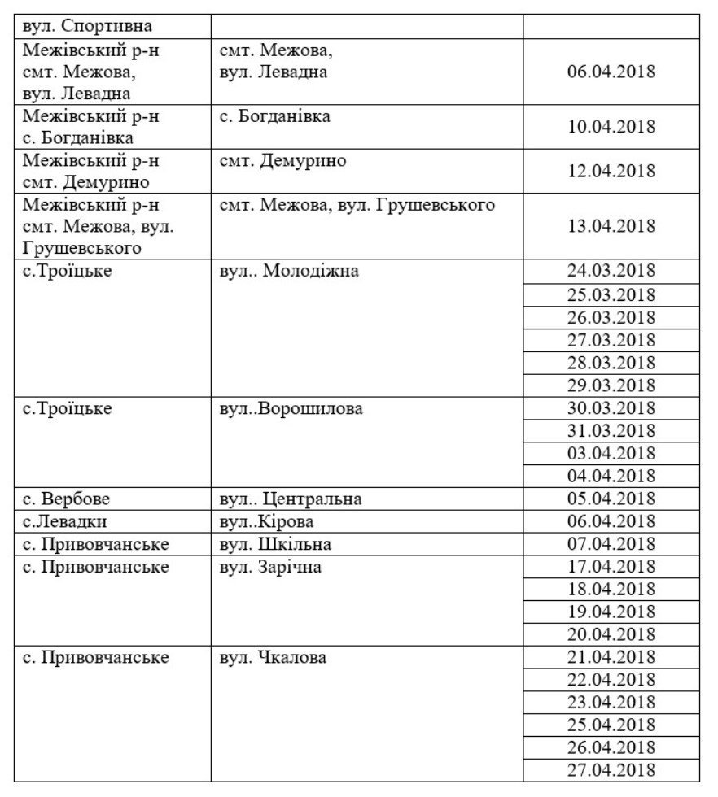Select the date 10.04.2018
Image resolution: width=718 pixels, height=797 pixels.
611,127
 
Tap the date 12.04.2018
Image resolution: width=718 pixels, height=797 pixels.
611,171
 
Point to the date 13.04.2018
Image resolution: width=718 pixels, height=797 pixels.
611,225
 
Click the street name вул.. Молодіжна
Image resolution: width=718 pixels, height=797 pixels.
289,271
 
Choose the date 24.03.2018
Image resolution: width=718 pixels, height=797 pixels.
611,271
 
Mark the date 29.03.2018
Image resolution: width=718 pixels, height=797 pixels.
611,385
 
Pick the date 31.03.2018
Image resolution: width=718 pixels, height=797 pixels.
611,430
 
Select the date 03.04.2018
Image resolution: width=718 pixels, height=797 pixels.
611,453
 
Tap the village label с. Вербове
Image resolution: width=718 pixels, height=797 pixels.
66,499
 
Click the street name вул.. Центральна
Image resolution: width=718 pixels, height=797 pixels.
291,499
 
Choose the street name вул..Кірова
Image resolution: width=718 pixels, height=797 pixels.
266,521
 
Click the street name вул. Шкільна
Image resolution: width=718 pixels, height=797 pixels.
275,544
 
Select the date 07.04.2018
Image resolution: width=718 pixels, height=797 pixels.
611,544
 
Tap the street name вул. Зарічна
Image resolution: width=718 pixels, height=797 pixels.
270,567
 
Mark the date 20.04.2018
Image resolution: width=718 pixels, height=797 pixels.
611,634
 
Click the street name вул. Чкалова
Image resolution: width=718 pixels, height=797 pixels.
273,657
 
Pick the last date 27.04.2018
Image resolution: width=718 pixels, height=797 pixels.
611,770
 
